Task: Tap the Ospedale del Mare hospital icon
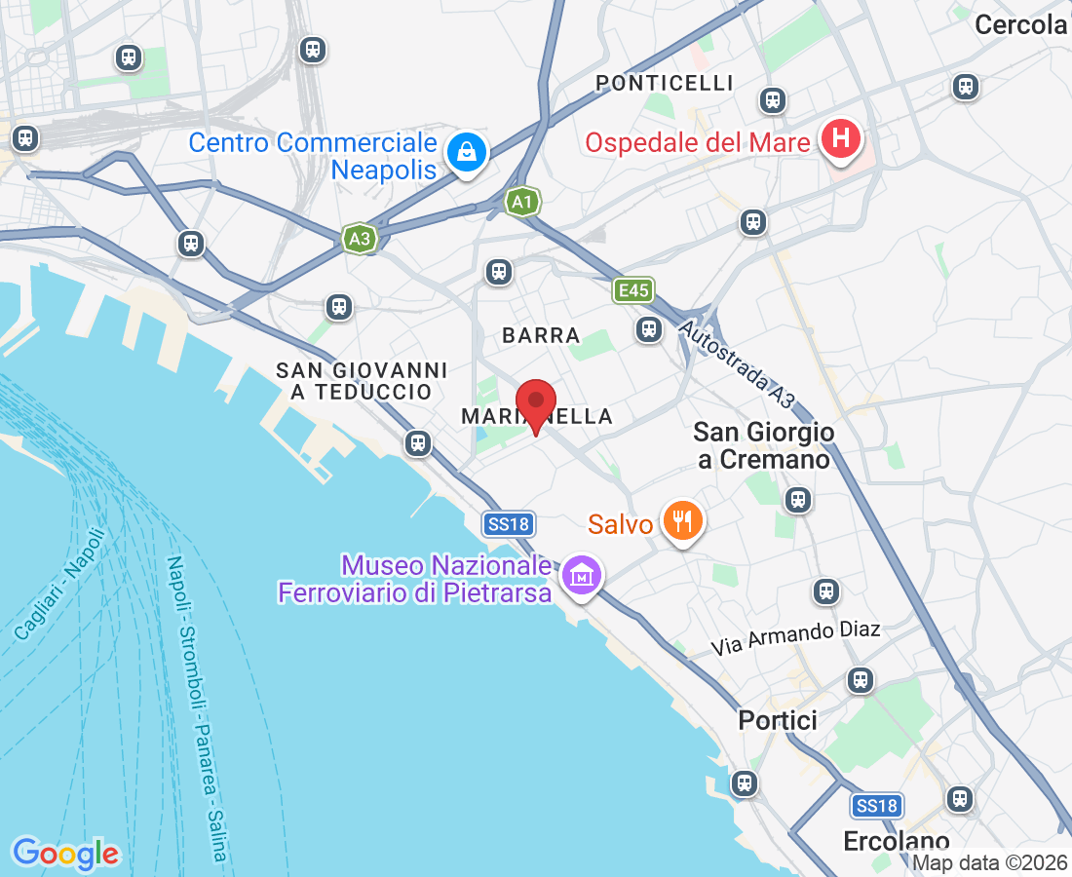point(839,140)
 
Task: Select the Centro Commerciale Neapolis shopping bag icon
point(467,152)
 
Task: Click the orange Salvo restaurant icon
point(682,521)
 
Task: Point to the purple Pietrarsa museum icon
point(582,575)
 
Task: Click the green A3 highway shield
point(360,238)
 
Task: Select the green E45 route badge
point(633,289)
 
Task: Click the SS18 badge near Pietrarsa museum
point(508,524)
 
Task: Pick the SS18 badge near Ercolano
point(875,806)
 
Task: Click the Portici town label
point(778,720)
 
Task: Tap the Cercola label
point(1020,25)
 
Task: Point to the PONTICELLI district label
point(664,83)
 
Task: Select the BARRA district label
point(541,335)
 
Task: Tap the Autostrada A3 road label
point(738,366)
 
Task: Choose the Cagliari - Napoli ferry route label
point(60,584)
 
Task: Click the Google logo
point(65,854)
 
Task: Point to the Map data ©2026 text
point(989,862)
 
